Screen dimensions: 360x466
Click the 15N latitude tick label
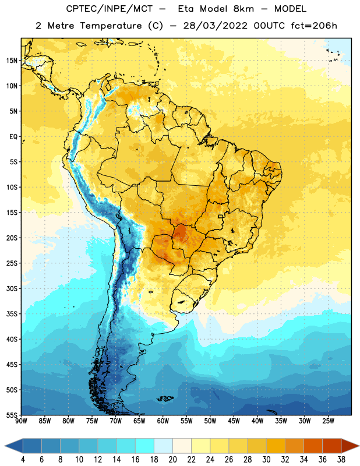tap(12, 61)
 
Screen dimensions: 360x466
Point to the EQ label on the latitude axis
tap(13, 137)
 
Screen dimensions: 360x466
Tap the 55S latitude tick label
tap(12, 415)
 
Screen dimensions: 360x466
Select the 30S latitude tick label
tap(12, 288)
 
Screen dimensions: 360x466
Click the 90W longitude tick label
tap(21, 421)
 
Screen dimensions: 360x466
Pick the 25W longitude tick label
tap(328, 421)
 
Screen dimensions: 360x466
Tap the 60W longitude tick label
tap(163, 421)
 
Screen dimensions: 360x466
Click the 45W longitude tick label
tap(234, 421)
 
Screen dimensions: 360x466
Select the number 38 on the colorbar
tap(341, 460)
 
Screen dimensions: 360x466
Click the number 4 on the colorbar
tap(23, 460)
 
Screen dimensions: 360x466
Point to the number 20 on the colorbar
tap(172, 460)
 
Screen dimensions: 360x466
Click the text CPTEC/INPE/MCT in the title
tap(110, 9)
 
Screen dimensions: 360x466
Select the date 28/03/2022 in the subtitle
tap(215, 26)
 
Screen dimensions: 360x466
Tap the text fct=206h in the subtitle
tap(313, 26)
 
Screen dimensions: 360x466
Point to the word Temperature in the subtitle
tap(111, 26)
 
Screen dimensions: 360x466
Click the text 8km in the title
tap(243, 9)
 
